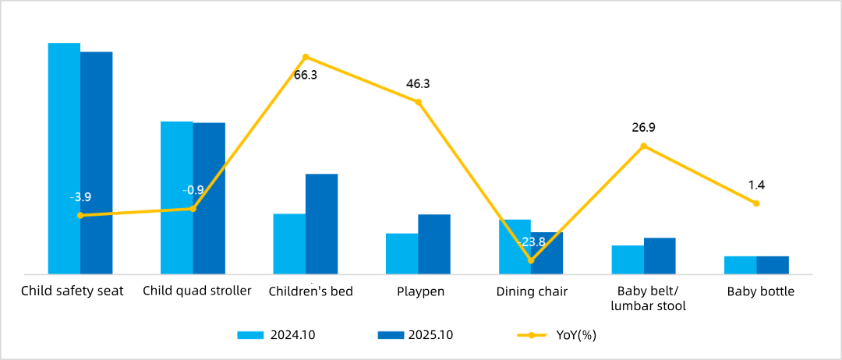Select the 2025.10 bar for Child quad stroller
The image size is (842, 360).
pos(209,198)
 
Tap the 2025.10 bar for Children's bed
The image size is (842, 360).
pos(321,224)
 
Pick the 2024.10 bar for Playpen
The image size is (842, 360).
pos(402,253)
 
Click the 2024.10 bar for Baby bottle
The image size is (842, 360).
pos(740,265)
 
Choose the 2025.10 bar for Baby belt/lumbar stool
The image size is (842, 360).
pos(660,256)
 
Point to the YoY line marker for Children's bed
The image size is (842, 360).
pos(306,57)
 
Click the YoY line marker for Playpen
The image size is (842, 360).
pos(419,102)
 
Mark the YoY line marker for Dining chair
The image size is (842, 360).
pos(531,260)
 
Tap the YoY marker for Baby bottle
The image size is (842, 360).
pos(756,203)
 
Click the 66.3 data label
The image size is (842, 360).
pos(306,76)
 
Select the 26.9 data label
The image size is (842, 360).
pos(643,128)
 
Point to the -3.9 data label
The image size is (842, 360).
pos(80,197)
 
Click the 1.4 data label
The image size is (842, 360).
pos(756,185)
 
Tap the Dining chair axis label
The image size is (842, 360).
pos(532,292)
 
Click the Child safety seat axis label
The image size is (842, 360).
pos(73,291)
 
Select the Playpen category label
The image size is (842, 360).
pos(419,292)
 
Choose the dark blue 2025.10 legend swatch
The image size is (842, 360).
pos(391,335)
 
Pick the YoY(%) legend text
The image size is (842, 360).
pos(576,335)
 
